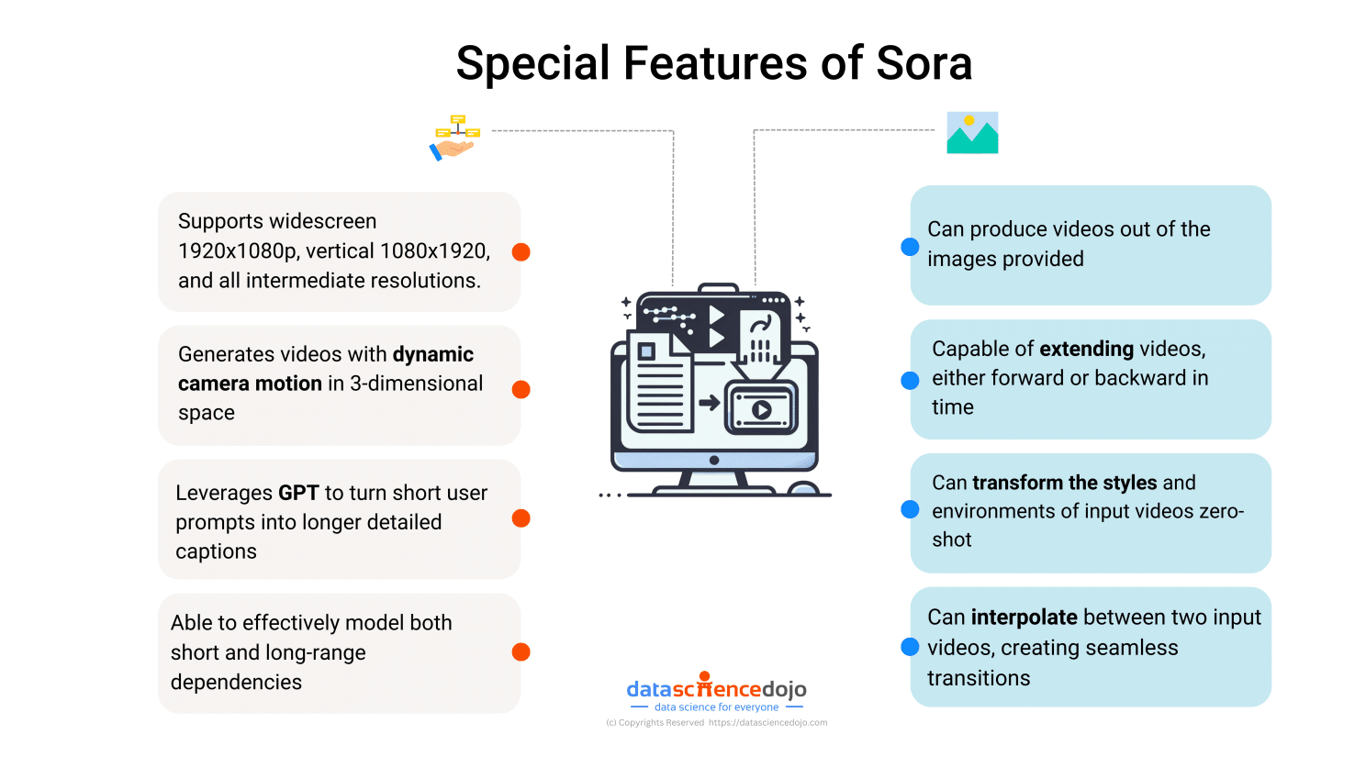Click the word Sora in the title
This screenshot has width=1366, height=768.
(x=924, y=63)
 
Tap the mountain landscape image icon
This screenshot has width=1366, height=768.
(x=972, y=133)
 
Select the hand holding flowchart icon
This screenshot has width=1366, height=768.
(x=454, y=138)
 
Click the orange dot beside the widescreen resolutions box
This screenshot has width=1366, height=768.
(x=521, y=251)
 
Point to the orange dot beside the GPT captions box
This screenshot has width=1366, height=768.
(x=521, y=518)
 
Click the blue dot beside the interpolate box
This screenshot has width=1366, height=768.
(x=910, y=647)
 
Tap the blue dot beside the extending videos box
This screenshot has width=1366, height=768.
(x=910, y=380)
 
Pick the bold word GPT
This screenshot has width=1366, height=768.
(x=298, y=493)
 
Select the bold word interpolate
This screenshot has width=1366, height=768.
(x=1024, y=618)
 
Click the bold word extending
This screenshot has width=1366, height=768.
(x=1086, y=349)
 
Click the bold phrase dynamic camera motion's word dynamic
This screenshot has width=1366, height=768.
(x=433, y=354)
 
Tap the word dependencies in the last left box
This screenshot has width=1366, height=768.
(x=236, y=682)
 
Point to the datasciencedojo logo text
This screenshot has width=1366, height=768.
(x=716, y=689)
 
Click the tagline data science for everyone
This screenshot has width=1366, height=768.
(x=716, y=707)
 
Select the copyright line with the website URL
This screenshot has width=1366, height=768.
(x=716, y=723)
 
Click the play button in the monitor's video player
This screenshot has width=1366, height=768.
(x=761, y=409)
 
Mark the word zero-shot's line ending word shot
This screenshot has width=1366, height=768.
(x=951, y=540)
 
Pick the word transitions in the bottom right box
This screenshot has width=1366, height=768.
(x=979, y=678)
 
